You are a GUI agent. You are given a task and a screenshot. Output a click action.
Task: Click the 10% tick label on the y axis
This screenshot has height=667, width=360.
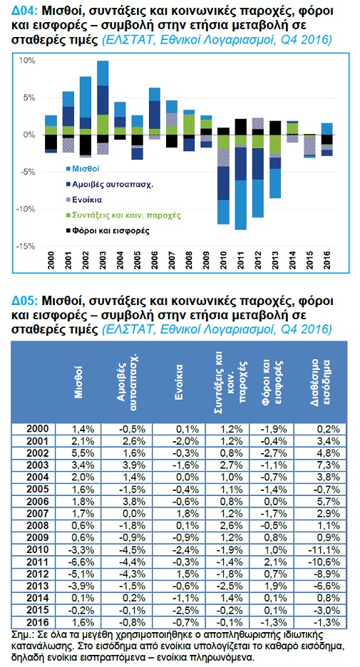pyautogui.click(x=28, y=61)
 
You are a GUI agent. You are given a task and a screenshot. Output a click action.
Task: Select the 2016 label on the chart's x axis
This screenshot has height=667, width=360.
pyautogui.click(x=326, y=260)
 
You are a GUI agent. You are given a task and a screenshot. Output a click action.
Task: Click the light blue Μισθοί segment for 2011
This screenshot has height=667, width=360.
pyautogui.click(x=240, y=205)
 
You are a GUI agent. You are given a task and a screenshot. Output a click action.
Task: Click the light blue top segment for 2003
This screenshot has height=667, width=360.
pyautogui.click(x=103, y=73)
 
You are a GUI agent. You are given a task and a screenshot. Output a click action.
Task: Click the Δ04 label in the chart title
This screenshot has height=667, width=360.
pyautogui.click(x=23, y=11)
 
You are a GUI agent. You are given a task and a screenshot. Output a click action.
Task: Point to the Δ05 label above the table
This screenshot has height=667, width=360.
pyautogui.click(x=23, y=301)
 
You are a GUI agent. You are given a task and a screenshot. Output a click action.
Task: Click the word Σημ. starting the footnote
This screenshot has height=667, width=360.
pyautogui.click(x=23, y=635)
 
